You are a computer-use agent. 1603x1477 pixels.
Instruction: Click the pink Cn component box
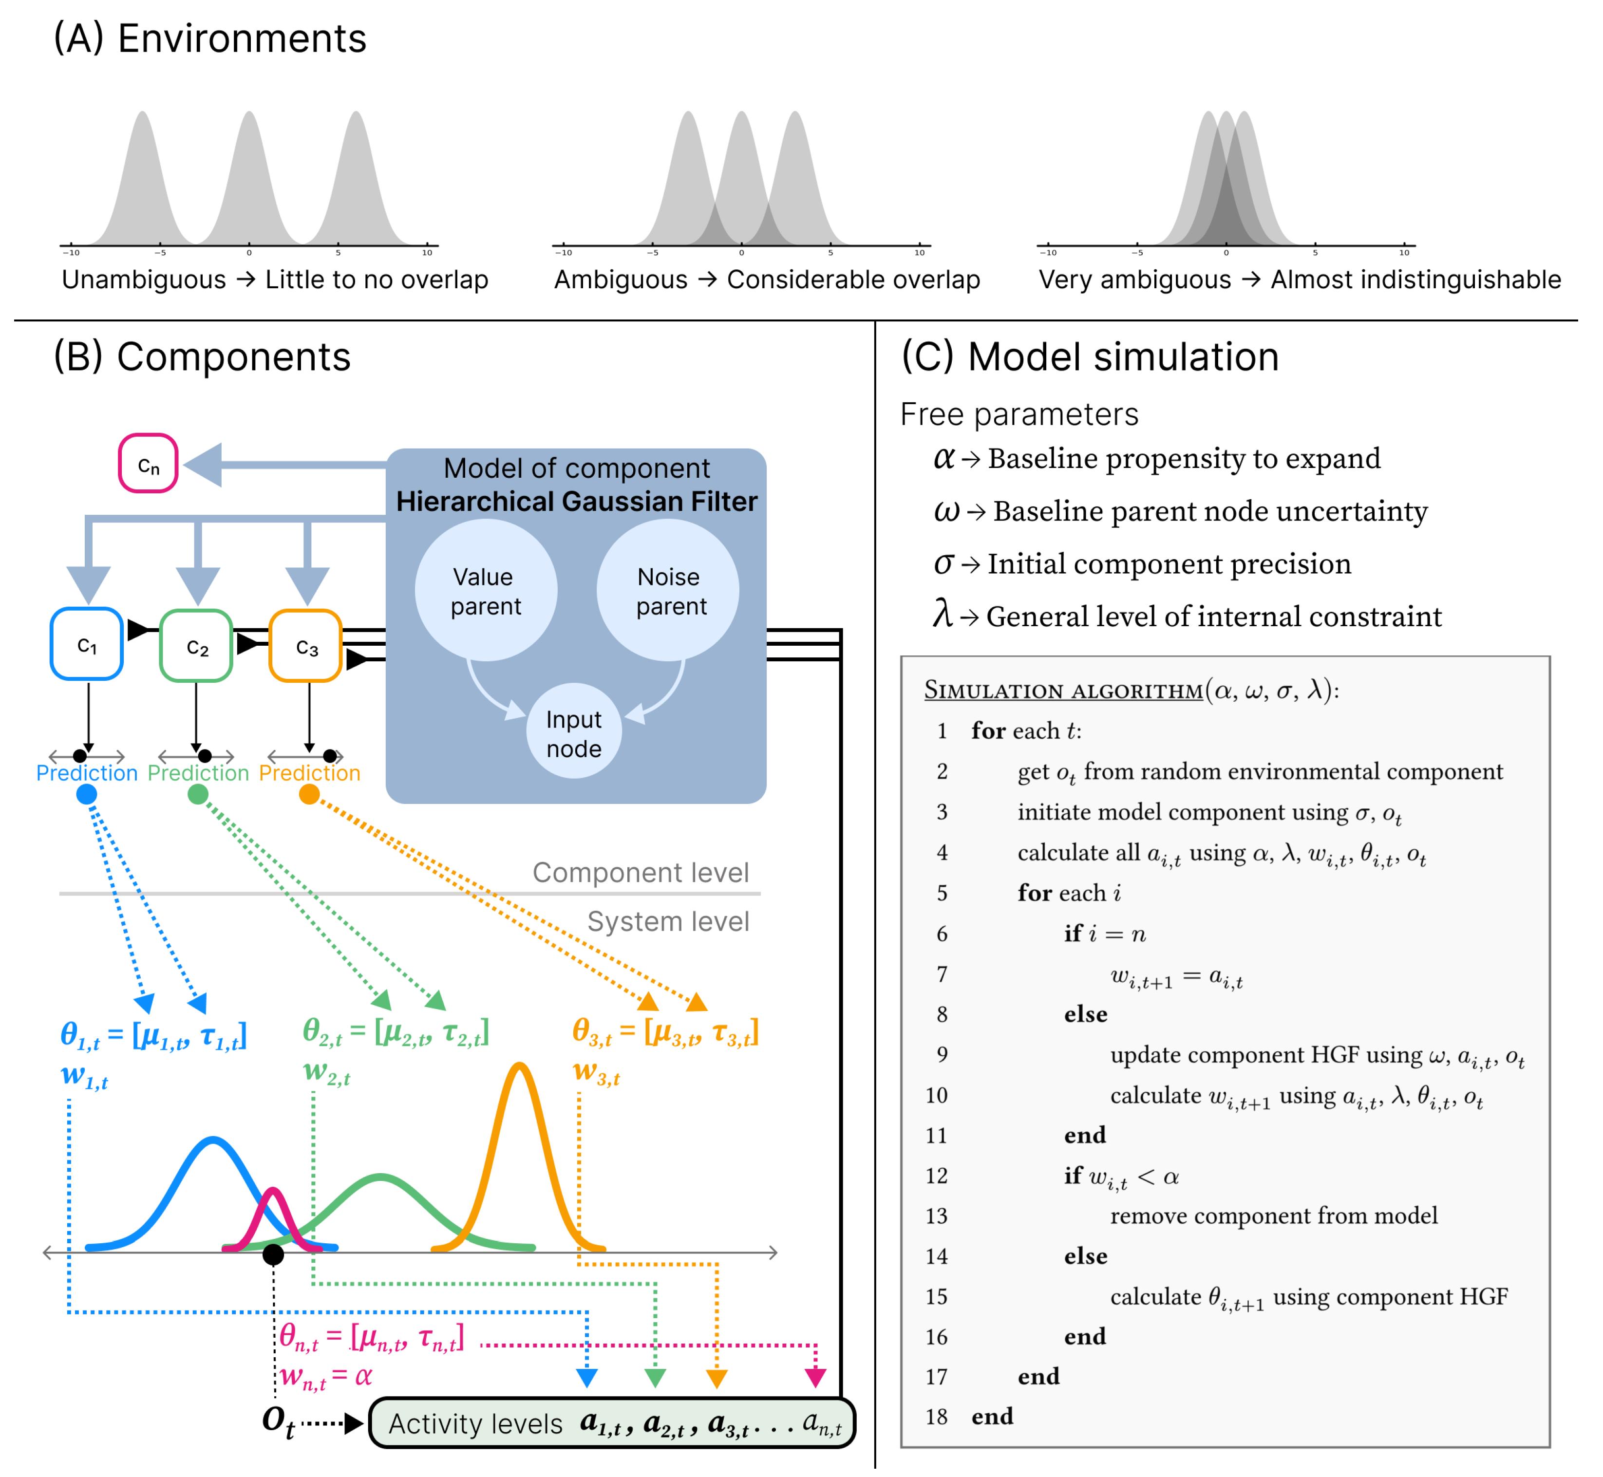point(148,464)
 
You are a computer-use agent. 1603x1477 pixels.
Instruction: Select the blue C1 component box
point(87,644)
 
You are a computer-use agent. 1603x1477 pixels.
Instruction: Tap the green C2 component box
point(197,646)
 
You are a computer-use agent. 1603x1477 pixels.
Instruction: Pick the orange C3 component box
point(306,646)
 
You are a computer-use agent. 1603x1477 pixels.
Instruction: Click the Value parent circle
point(486,591)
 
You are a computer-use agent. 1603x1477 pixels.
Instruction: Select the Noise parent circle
point(668,591)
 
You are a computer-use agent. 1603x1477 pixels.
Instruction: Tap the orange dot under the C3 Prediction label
point(309,794)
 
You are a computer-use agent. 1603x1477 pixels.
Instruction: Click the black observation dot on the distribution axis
point(273,1255)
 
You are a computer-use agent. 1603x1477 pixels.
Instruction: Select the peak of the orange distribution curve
point(520,1066)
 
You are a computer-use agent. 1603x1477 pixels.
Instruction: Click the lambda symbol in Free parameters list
point(943,615)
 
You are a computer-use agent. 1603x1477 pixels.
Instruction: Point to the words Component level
point(641,872)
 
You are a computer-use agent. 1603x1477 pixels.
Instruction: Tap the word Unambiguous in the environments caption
point(144,280)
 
